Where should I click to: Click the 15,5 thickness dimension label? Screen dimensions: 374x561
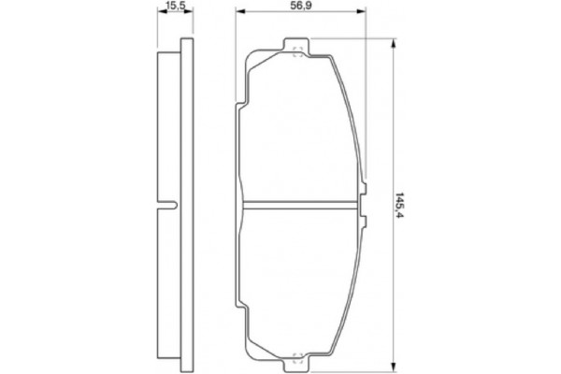pyautogui.click(x=170, y=7)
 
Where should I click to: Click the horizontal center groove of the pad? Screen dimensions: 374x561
pyautogui.click(x=299, y=203)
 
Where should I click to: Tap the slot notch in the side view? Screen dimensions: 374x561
pyautogui.click(x=169, y=203)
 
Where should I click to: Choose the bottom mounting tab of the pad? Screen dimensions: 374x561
pyautogui.click(x=297, y=358)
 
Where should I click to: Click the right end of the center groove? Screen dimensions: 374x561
pyautogui.click(x=360, y=203)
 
